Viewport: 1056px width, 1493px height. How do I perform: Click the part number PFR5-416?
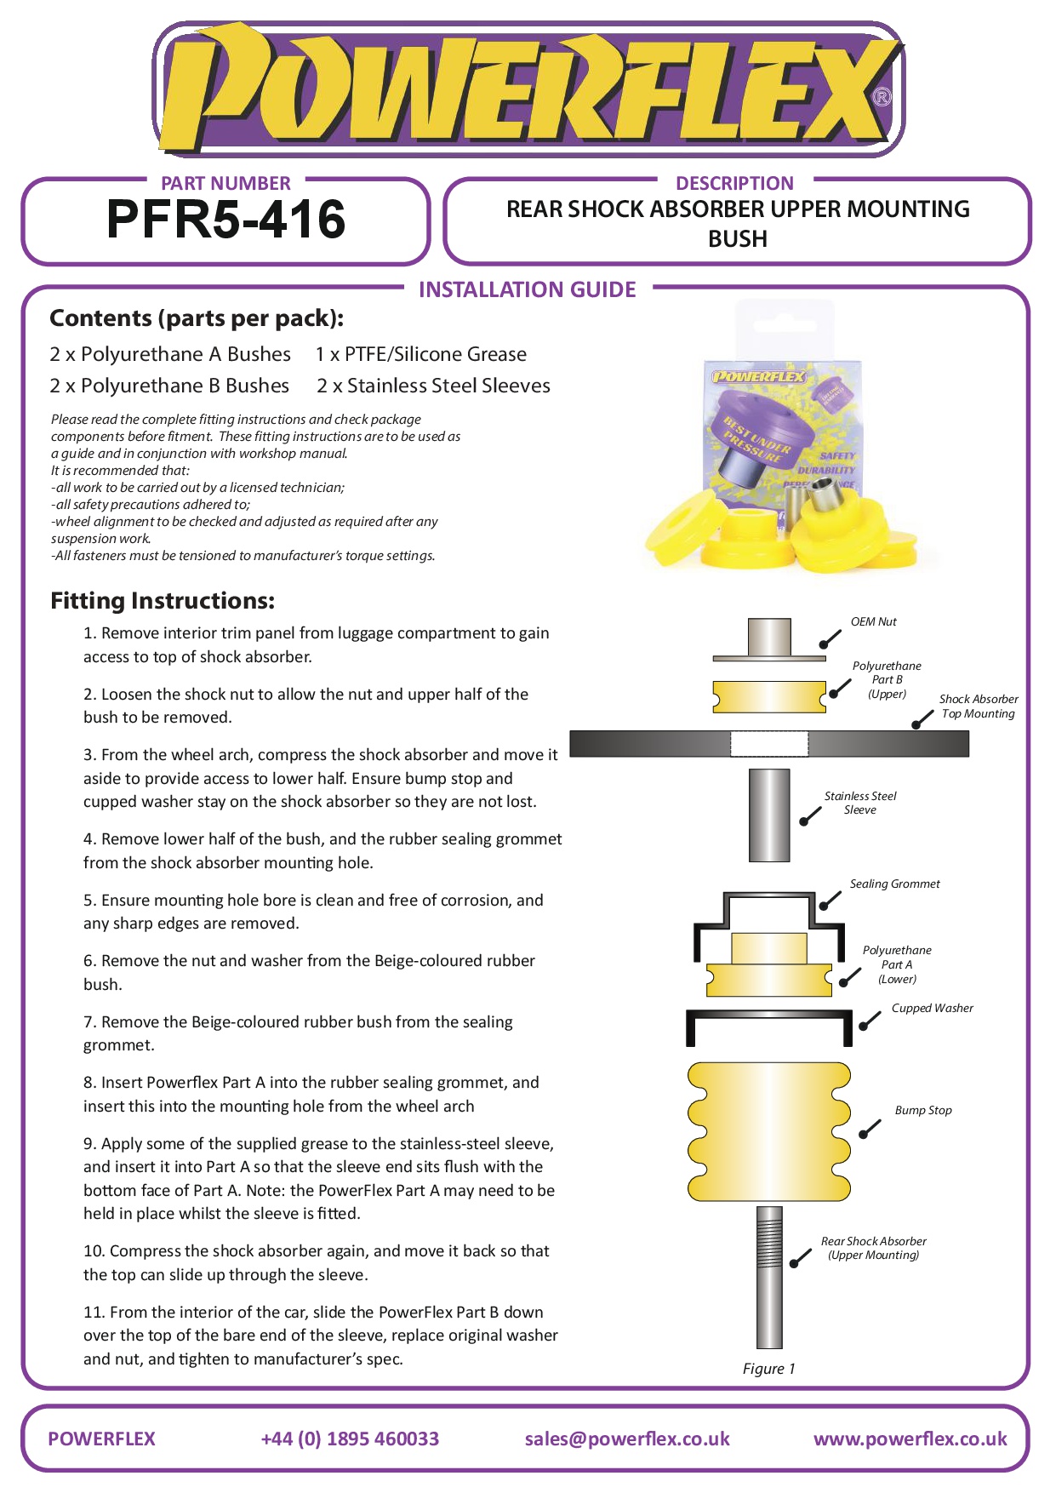[225, 220]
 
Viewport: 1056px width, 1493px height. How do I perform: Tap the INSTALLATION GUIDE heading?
[527, 290]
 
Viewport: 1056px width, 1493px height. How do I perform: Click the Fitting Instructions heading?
[162, 601]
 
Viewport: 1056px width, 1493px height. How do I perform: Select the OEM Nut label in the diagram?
[873, 622]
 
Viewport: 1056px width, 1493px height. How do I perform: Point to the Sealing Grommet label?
[894, 884]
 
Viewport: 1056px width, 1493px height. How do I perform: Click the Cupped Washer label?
[932, 1009]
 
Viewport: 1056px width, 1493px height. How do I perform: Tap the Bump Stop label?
[922, 1111]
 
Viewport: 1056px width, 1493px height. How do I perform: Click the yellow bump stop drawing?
[768, 1131]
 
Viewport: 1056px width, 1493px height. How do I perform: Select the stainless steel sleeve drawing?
[769, 815]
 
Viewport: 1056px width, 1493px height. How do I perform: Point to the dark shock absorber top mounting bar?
[647, 744]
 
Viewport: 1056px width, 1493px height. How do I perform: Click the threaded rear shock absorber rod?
[769, 1277]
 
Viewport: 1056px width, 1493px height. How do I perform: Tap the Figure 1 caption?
[768, 1369]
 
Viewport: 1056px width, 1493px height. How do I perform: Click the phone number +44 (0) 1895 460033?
[350, 1439]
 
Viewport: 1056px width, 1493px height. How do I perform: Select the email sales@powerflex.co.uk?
[627, 1439]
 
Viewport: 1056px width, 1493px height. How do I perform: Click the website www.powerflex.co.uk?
[910, 1439]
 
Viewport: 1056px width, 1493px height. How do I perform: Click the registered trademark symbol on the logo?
[882, 97]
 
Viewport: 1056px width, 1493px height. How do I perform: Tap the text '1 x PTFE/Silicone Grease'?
[420, 355]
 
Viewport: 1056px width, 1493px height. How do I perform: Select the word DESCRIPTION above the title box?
[734, 184]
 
